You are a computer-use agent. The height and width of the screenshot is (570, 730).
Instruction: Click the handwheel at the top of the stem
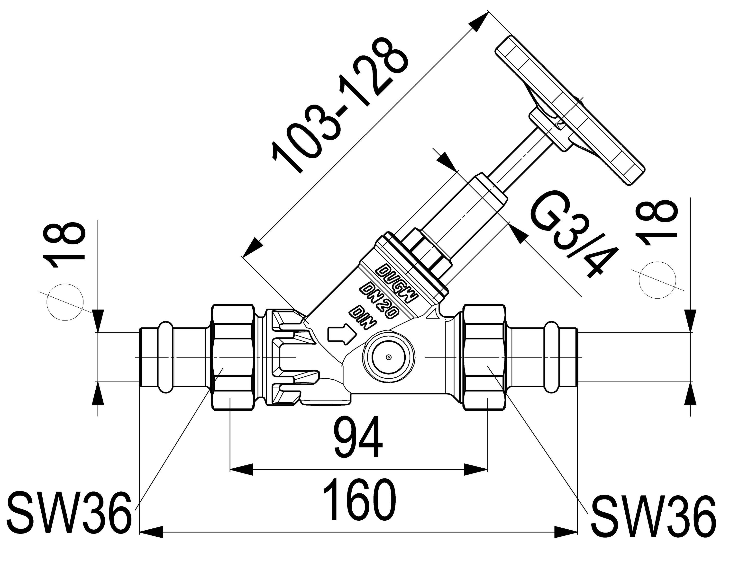[568, 110]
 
